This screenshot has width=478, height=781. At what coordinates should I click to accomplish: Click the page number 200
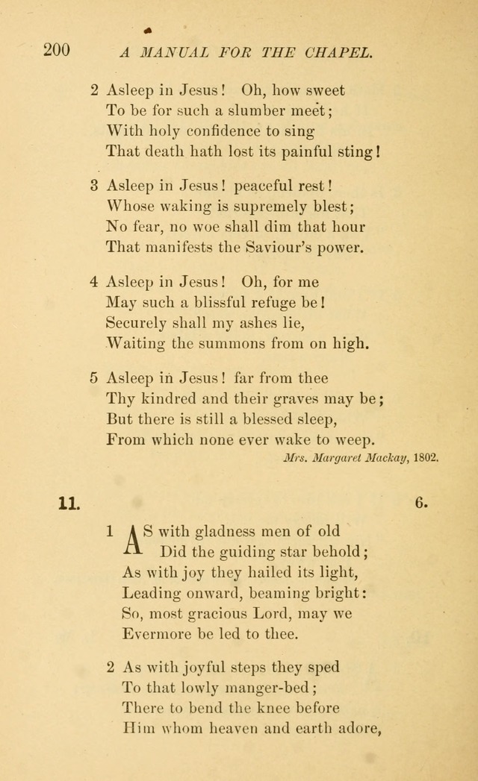(57, 51)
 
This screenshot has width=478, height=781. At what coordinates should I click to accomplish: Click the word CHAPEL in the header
(338, 52)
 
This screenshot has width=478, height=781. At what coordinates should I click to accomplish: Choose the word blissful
(205, 303)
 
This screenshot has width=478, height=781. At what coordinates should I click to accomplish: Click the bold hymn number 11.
(68, 504)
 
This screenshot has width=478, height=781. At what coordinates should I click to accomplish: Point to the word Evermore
(159, 634)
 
